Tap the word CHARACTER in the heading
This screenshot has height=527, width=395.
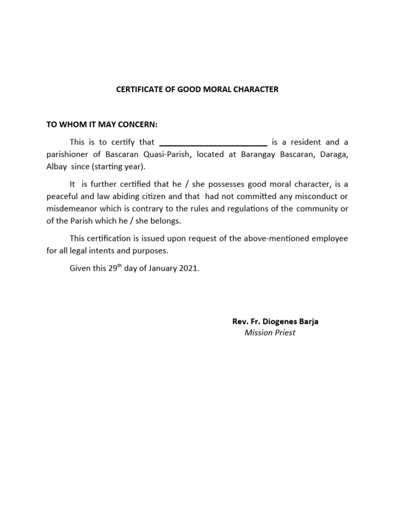[x=256, y=90]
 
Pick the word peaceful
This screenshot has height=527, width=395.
[x=64, y=196]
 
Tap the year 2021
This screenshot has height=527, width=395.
[x=187, y=269]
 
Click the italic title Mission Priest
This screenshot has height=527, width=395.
[x=270, y=332]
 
